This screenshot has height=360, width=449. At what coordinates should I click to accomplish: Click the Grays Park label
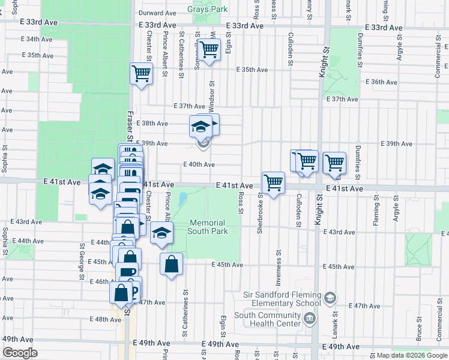[207, 10]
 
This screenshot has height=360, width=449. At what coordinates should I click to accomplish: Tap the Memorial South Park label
[207, 227]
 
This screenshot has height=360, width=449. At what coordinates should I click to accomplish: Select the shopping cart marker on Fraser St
[141, 74]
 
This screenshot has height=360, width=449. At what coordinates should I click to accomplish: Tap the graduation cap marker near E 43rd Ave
[161, 233]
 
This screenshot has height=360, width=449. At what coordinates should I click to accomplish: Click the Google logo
[20, 353]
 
